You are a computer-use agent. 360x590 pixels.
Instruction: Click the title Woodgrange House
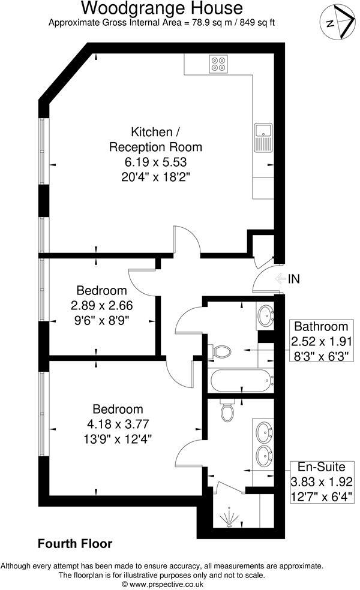(x=162, y=8)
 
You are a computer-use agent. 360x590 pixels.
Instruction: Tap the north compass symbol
(x=335, y=22)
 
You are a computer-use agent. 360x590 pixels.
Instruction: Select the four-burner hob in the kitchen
(x=218, y=64)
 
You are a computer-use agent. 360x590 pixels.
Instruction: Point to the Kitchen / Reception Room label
(x=155, y=139)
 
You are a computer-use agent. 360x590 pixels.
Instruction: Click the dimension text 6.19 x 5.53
(x=155, y=162)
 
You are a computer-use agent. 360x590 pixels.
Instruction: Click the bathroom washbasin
(x=265, y=315)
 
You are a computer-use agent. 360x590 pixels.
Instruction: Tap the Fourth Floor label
(x=75, y=544)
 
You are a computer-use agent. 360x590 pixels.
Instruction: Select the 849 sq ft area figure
(x=257, y=23)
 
